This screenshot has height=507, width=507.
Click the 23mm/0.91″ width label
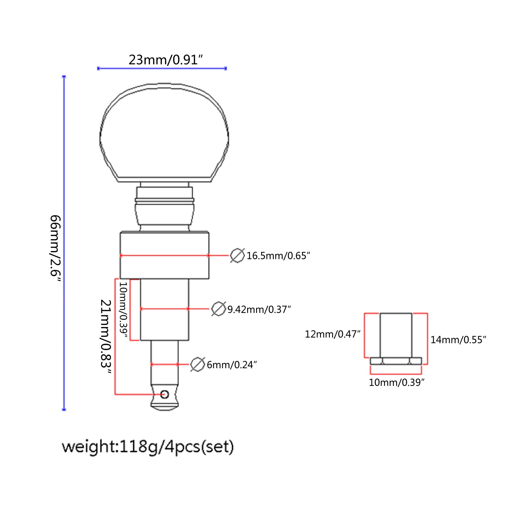tap(165, 60)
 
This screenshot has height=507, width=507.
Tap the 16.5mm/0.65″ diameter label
tap(278, 256)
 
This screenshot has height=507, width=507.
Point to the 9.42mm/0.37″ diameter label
tap(259, 309)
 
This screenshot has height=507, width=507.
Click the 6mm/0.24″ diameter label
tap(232, 365)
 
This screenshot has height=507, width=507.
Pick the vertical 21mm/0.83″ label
tap(106, 337)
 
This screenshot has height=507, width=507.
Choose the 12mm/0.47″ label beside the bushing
tap(333, 334)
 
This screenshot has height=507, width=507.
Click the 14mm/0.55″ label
tap(458, 340)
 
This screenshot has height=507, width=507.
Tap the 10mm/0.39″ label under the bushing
tap(396, 382)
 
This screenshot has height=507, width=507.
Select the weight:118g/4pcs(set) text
tap(148, 447)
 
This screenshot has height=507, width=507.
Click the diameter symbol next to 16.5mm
tap(237, 255)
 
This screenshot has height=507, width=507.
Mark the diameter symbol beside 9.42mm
tap(218, 309)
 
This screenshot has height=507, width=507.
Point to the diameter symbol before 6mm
tap(198, 364)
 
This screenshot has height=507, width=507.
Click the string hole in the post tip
tap(164, 395)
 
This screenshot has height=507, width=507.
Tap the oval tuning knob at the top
tap(164, 132)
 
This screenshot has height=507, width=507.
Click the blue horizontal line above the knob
tap(162, 68)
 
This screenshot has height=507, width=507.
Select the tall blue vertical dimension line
tap(64, 243)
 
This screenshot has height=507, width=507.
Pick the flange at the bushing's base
tap(396, 361)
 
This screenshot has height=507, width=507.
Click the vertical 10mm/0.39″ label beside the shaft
tap(123, 310)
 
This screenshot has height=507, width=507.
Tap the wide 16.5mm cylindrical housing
tap(164, 255)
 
